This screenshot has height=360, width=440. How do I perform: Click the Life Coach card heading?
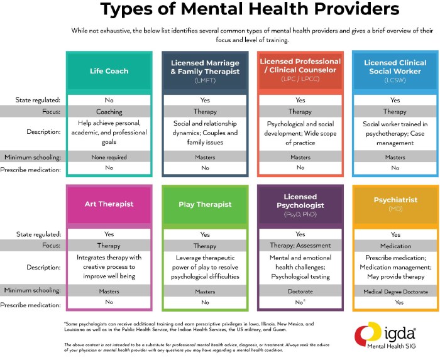(x=109, y=71)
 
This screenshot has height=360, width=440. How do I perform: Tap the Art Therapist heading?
(x=109, y=204)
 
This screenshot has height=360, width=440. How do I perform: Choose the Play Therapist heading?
(x=205, y=204)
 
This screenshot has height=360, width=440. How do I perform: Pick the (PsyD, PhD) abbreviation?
(x=300, y=215)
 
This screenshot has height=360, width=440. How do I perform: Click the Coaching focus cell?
(x=109, y=111)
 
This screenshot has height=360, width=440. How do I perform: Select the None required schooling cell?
(x=109, y=157)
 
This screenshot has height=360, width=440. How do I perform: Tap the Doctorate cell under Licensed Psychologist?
(x=300, y=291)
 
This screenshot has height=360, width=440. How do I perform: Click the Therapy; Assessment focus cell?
(x=300, y=246)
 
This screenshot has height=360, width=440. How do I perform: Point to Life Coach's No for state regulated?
(x=109, y=100)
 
